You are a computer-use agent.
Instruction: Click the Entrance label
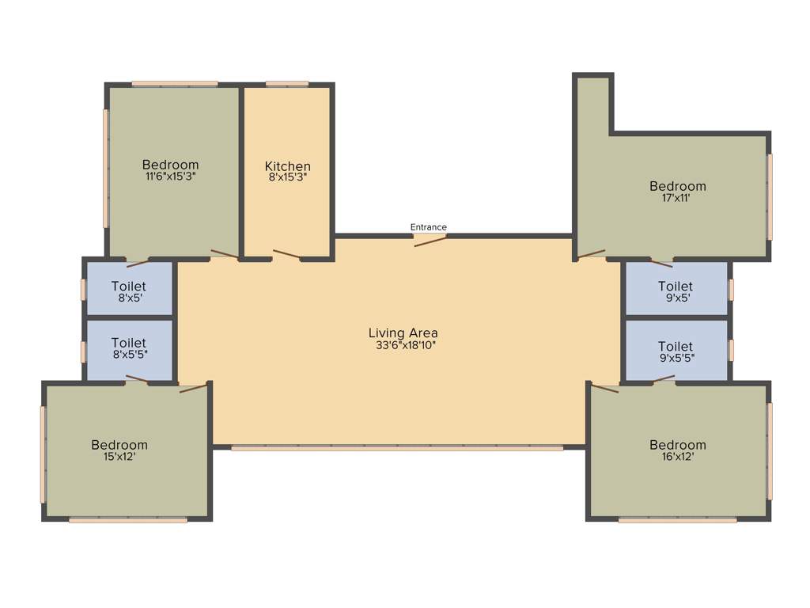point(428,227)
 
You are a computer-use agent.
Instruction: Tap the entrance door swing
point(430,240)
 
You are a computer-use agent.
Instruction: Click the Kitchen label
point(287,166)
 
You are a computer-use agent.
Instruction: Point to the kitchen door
point(286,254)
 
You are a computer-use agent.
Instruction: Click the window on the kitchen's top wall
point(287,83)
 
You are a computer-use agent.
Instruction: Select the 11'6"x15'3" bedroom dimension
point(170,177)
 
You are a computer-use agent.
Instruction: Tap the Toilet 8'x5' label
point(129,287)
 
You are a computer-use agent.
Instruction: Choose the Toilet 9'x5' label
point(676,287)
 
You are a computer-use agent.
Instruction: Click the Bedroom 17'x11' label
point(678,187)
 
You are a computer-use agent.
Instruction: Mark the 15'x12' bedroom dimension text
point(119,456)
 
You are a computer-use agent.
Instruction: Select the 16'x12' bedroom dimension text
point(678,456)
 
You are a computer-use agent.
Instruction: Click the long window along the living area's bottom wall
point(397,448)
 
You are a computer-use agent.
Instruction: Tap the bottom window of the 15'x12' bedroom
point(128,520)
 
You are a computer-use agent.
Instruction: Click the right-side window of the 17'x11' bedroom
point(770,196)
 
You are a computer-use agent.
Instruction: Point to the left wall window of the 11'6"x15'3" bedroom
point(105,168)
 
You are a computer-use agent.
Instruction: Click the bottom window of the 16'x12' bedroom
point(678,520)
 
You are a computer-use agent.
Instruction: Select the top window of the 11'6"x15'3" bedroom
point(174,83)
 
